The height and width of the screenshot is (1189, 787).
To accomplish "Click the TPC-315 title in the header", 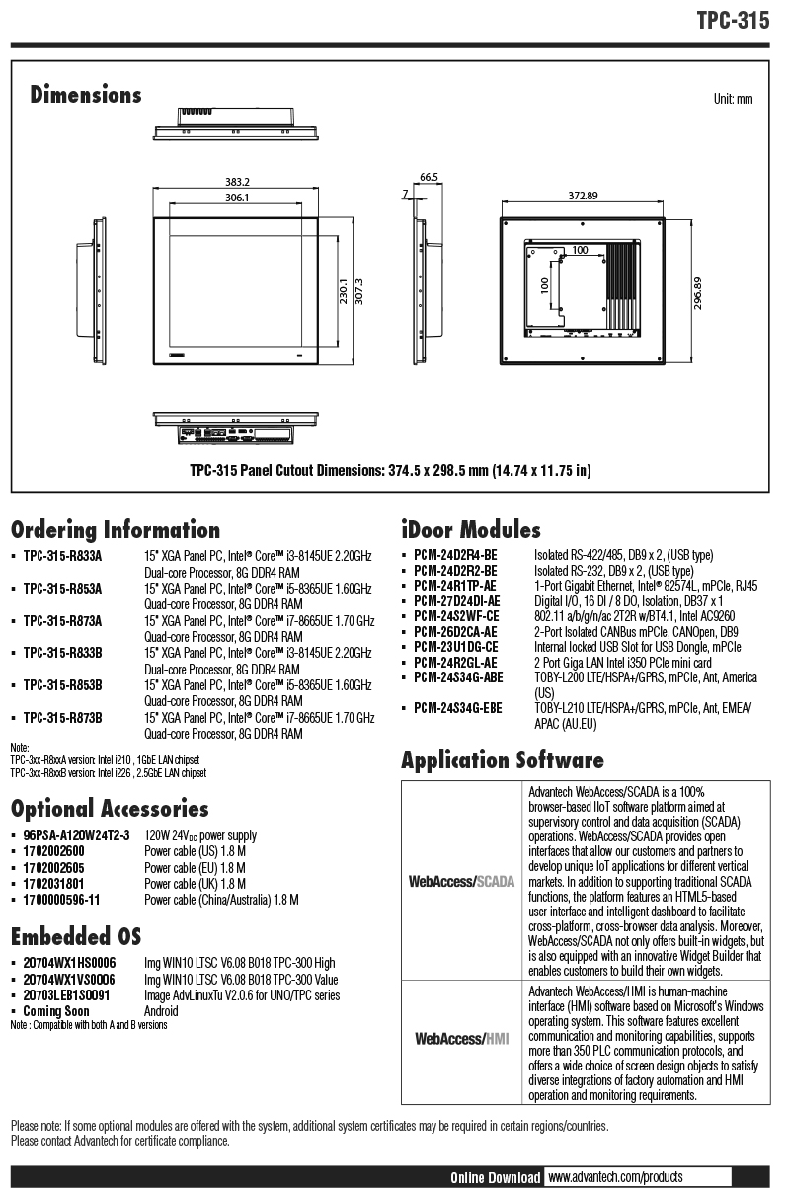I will pyautogui.click(x=732, y=21).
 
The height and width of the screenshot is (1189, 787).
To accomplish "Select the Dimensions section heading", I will pyautogui.click(x=86, y=95).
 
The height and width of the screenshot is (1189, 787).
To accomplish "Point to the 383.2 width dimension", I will pyautogui.click(x=237, y=182).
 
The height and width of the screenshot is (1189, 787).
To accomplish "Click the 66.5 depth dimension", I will pyautogui.click(x=428, y=177).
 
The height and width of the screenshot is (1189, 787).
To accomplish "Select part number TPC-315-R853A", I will pyautogui.click(x=62, y=589).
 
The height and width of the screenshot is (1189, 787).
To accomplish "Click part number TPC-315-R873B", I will pyautogui.click(x=62, y=717).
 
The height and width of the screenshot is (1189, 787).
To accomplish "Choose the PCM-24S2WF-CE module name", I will pyautogui.click(x=456, y=616).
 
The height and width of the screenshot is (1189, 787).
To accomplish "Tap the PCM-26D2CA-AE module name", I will pyautogui.click(x=455, y=631).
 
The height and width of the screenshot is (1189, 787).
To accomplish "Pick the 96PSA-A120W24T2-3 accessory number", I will pyautogui.click(x=76, y=836).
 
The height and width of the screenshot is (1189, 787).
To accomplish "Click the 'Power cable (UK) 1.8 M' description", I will pyautogui.click(x=195, y=884).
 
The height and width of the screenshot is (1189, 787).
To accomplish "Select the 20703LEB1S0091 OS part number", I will pyautogui.click(x=66, y=995).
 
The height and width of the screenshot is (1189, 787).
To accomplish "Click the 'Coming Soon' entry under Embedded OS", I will pyautogui.click(x=56, y=1011).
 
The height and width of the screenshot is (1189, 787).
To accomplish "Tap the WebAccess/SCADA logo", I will pyautogui.click(x=461, y=881).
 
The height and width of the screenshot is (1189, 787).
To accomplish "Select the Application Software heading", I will pyautogui.click(x=502, y=760).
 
